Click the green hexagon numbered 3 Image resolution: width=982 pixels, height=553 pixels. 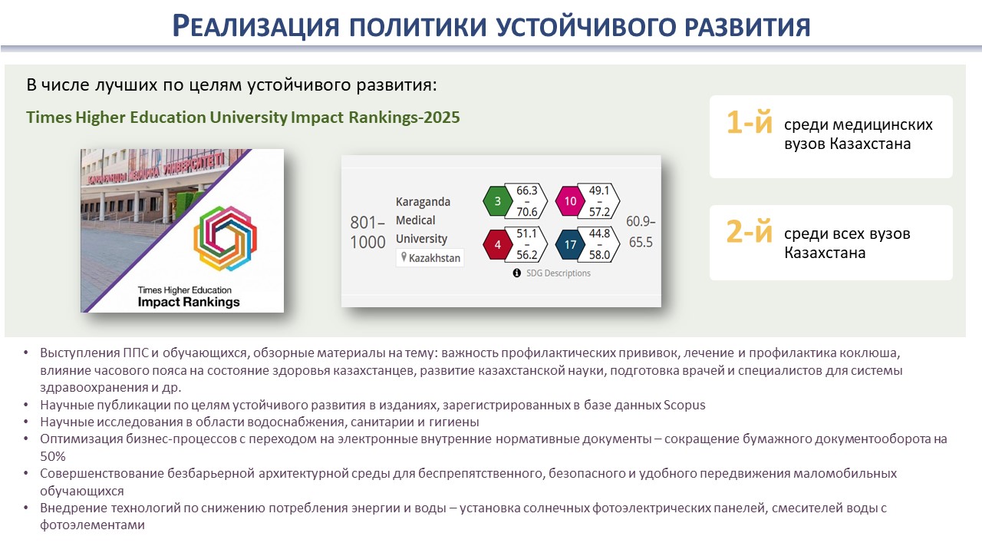point(497,201)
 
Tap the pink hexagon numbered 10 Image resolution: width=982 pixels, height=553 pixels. point(570,201)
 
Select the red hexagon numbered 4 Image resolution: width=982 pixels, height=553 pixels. point(497,244)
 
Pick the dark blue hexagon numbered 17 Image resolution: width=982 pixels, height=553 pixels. point(570,244)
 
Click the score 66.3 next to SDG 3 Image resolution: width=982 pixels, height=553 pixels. point(526,190)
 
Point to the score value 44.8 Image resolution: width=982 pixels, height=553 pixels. point(599,233)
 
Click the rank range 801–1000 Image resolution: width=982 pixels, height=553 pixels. point(367,232)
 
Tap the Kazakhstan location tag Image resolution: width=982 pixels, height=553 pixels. point(430,257)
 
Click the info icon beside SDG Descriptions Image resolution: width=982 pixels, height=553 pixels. point(517,273)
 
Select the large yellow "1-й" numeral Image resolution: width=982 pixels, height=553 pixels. point(749,122)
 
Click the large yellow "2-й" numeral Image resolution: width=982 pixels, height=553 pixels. point(749,231)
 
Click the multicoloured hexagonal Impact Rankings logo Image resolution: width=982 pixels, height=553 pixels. point(226,238)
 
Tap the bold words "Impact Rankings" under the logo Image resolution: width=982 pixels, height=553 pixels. point(189,302)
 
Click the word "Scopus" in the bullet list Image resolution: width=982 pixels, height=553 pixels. point(684,405)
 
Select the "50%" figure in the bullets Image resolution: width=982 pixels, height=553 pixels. point(53,456)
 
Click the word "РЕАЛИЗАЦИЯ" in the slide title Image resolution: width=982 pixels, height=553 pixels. point(256,26)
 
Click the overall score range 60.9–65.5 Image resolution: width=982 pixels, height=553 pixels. point(641,232)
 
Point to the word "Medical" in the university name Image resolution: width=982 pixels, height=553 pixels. point(416,220)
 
